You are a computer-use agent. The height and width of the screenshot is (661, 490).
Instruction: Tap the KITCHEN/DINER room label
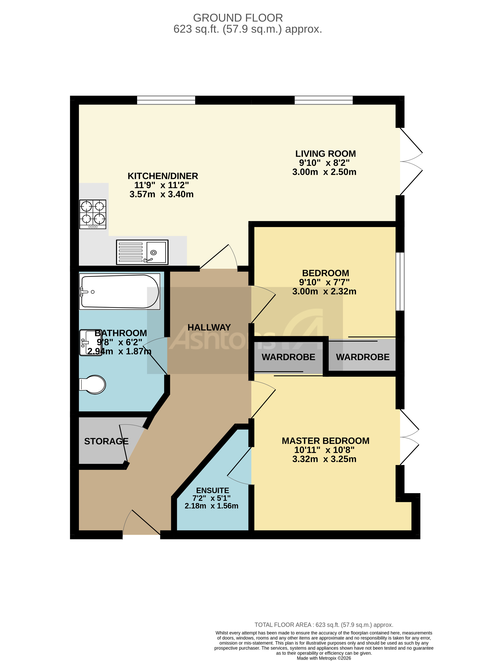[x=163, y=176]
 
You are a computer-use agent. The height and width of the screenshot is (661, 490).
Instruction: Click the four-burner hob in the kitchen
[x=92, y=214]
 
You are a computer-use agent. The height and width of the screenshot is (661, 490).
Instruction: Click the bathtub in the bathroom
[x=119, y=291]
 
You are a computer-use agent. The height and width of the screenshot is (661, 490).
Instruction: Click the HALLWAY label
[x=209, y=327]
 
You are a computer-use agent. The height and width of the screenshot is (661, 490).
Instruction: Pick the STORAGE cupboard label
[x=106, y=441]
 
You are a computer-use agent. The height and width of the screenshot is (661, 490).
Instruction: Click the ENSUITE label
[x=212, y=491]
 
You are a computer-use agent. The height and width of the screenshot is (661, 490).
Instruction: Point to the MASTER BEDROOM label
[x=325, y=441]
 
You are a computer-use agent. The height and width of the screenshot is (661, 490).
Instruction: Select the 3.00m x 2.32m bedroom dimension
[x=324, y=291]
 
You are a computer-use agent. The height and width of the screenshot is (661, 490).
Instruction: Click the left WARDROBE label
[x=288, y=357]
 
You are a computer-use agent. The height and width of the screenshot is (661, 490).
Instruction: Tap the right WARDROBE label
[x=362, y=357]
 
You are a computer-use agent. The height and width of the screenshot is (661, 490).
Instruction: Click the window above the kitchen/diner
[x=166, y=100]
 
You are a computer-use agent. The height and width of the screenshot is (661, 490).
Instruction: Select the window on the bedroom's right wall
[x=400, y=281]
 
